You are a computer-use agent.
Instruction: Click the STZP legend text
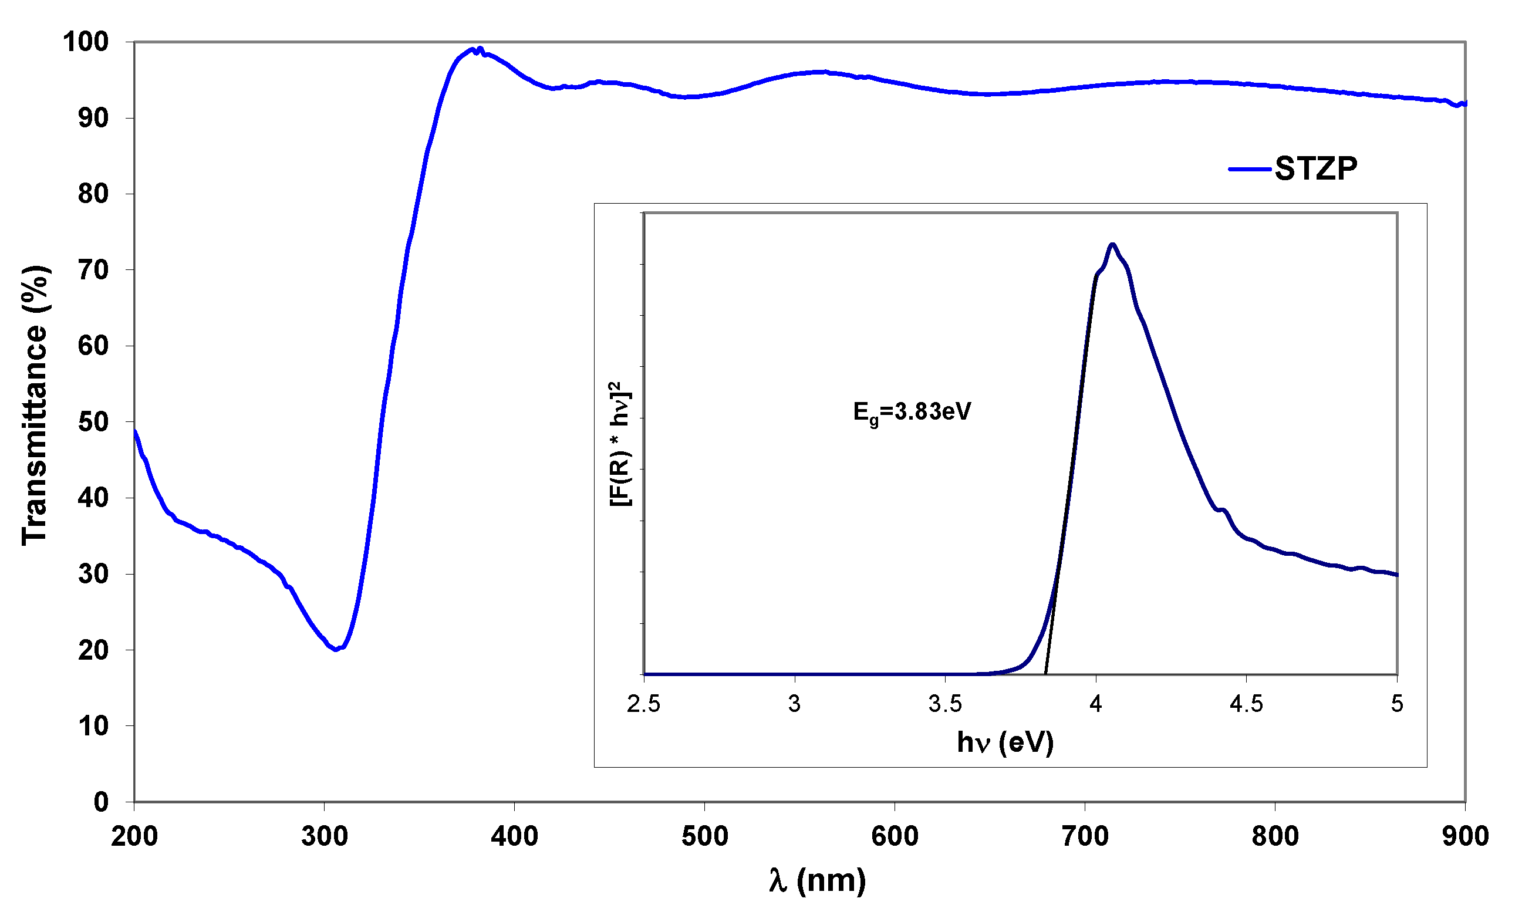1315,168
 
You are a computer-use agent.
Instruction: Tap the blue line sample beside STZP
1250,169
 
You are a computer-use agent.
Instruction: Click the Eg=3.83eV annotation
911,412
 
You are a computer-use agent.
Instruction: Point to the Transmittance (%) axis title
35,406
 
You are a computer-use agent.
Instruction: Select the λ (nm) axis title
816,880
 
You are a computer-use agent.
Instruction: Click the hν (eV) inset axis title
1005,742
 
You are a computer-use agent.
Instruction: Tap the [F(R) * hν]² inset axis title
621,444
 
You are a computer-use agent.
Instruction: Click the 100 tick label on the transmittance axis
85,42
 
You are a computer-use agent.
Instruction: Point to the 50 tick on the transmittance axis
93,422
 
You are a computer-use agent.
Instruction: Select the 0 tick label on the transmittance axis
101,802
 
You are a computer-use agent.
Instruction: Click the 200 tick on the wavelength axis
134,836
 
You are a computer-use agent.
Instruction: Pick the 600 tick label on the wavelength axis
895,836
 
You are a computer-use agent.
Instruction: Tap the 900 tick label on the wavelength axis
1464,836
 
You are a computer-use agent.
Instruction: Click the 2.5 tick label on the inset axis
643,704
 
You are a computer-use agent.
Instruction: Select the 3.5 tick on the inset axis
944,704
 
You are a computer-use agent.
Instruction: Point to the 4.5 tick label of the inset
1246,704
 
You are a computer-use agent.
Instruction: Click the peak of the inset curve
1113,245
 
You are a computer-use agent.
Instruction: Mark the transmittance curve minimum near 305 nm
336,650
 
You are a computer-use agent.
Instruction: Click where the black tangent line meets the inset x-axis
1046,674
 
